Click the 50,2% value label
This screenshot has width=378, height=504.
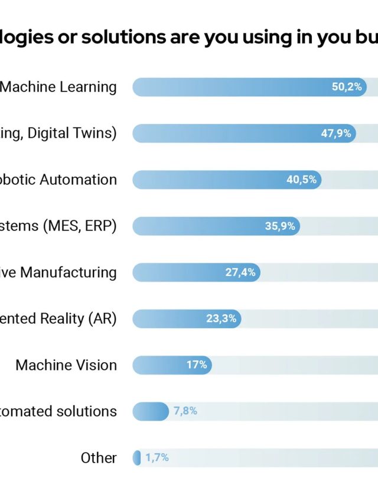(x=346, y=87)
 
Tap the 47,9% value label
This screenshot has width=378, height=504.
(x=335, y=134)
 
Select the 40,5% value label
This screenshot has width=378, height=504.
(x=301, y=180)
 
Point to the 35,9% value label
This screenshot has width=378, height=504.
(x=279, y=226)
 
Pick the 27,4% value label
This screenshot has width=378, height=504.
(x=240, y=272)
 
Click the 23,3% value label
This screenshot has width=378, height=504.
(x=221, y=318)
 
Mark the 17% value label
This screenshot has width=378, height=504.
(x=197, y=365)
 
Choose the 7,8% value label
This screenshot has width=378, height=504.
(x=185, y=411)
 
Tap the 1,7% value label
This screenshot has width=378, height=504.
(x=157, y=457)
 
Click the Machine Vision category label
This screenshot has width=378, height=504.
(x=66, y=365)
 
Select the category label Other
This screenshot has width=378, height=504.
(x=99, y=457)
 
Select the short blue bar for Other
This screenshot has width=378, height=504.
(x=136, y=457)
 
